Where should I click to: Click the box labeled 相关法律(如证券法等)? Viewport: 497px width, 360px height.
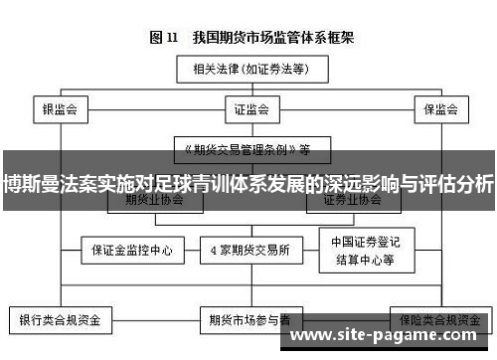(248, 70)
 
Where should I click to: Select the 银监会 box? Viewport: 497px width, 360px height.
(61, 108)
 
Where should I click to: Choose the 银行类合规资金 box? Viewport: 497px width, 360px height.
(61, 321)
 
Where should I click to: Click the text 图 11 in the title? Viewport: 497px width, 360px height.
(164, 38)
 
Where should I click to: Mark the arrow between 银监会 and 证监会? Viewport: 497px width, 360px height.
(151, 108)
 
